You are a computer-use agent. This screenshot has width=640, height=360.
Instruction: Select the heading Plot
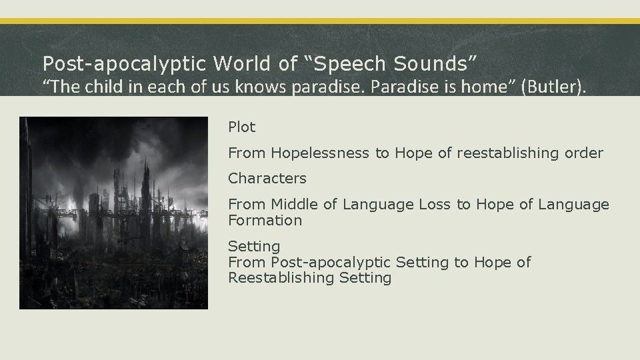(242, 127)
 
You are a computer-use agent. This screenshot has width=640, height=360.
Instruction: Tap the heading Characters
(267, 179)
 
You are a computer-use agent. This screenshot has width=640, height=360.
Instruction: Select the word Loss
(435, 205)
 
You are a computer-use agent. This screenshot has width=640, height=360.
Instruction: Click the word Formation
(265, 220)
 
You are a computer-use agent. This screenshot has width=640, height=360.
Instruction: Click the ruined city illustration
(113, 213)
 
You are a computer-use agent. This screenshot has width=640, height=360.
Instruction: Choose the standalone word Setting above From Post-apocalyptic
(254, 247)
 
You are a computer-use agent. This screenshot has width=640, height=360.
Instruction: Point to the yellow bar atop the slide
(320, 21)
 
